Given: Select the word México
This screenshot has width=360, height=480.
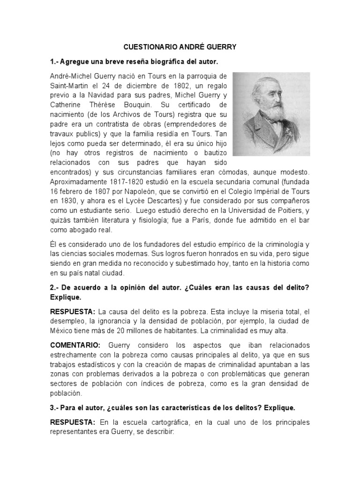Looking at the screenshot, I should tap(62, 331).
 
